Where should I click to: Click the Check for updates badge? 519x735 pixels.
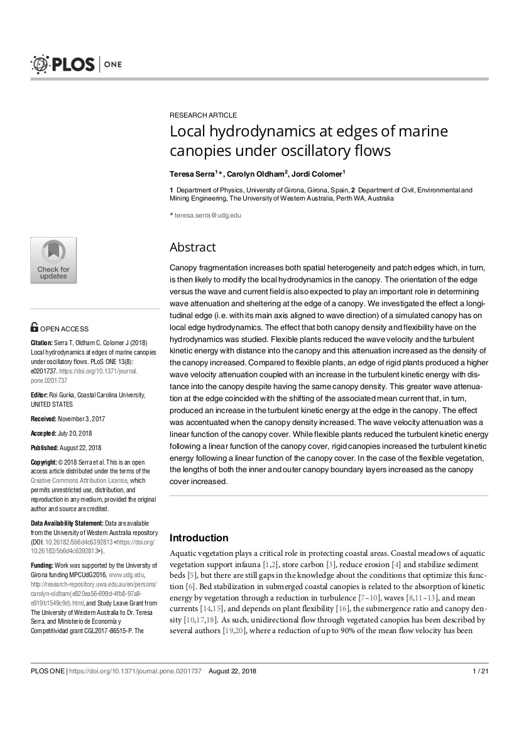pos(53,260)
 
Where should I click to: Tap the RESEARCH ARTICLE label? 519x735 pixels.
pos(204,115)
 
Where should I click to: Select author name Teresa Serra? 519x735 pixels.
pos(192,173)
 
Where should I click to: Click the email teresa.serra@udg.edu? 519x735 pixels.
pos(207,215)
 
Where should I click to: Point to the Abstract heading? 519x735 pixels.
pos(192,247)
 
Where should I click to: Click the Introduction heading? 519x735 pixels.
pos(199,538)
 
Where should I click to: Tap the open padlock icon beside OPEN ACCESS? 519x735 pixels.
pos(35,328)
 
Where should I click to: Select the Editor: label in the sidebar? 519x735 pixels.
pos(41,395)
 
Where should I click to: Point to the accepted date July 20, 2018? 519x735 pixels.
pos(80,433)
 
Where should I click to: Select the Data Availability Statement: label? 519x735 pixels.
pos(67,523)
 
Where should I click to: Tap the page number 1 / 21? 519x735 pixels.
pos(480,671)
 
